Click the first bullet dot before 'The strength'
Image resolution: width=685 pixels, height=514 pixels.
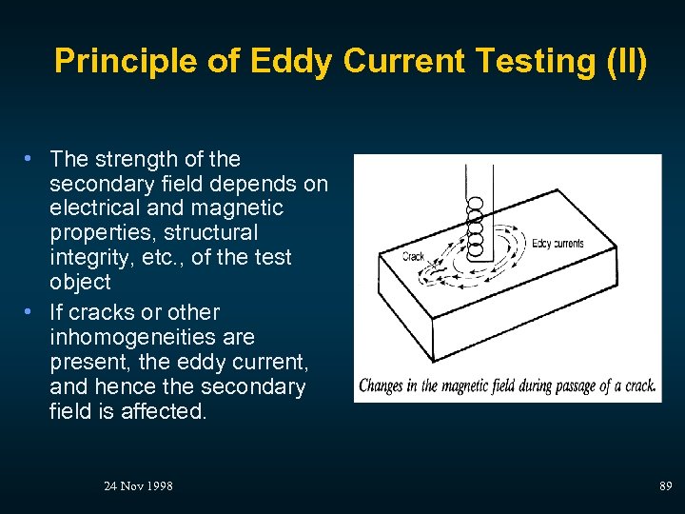pos(32,159)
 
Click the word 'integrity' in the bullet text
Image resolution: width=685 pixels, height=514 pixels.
pos(88,257)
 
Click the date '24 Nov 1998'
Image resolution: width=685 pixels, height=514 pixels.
pos(138,486)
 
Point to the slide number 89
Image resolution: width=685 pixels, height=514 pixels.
pos(666,486)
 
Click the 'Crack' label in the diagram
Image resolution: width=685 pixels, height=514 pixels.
pos(413,256)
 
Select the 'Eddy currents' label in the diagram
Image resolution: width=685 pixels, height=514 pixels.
pos(558,244)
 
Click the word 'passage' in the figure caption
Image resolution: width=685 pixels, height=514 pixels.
pos(578,385)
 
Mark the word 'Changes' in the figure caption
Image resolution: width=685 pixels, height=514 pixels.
pos(382,385)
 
